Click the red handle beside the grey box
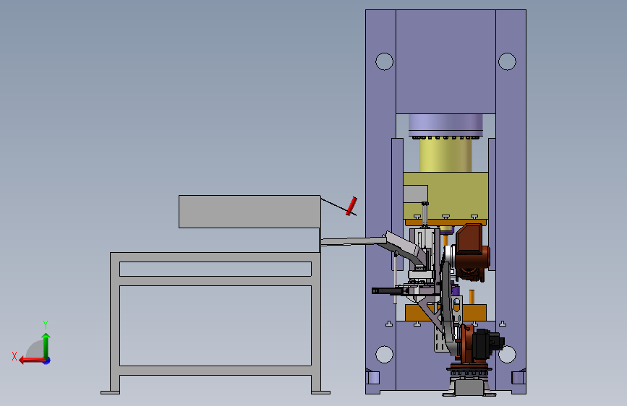pyautogui.click(x=351, y=206)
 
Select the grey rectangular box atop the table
pyautogui.click(x=249, y=212)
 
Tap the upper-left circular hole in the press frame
pyautogui.click(x=384, y=61)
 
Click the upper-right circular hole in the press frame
pyautogui.click(x=507, y=61)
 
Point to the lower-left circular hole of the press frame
pyautogui.click(x=384, y=355)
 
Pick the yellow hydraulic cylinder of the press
pyautogui.click(x=445, y=155)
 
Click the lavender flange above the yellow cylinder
pyautogui.click(x=445, y=126)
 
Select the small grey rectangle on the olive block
pyautogui.click(x=415, y=194)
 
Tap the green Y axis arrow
pyautogui.click(x=46, y=346)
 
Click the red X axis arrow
pyautogui.click(x=33, y=360)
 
